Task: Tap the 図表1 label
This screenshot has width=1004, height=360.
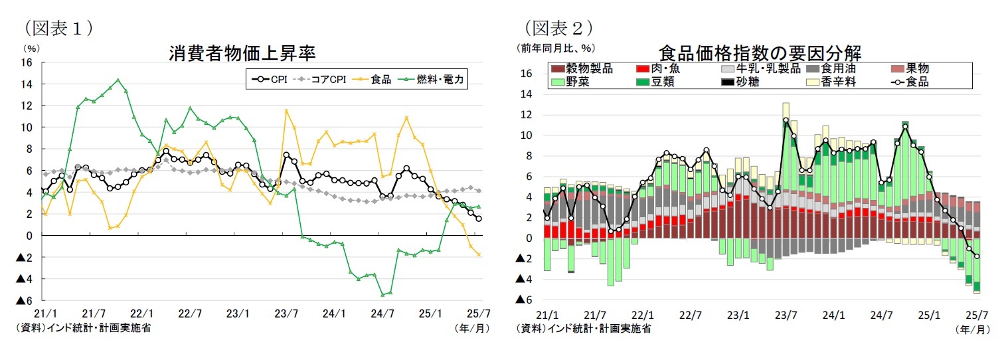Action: (58, 27)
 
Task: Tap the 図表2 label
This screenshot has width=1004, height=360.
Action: (558, 27)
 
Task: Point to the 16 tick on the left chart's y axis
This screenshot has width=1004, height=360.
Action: (27, 62)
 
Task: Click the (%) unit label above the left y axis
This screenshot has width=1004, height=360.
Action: (31, 48)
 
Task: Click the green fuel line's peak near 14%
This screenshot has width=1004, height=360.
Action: (118, 80)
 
